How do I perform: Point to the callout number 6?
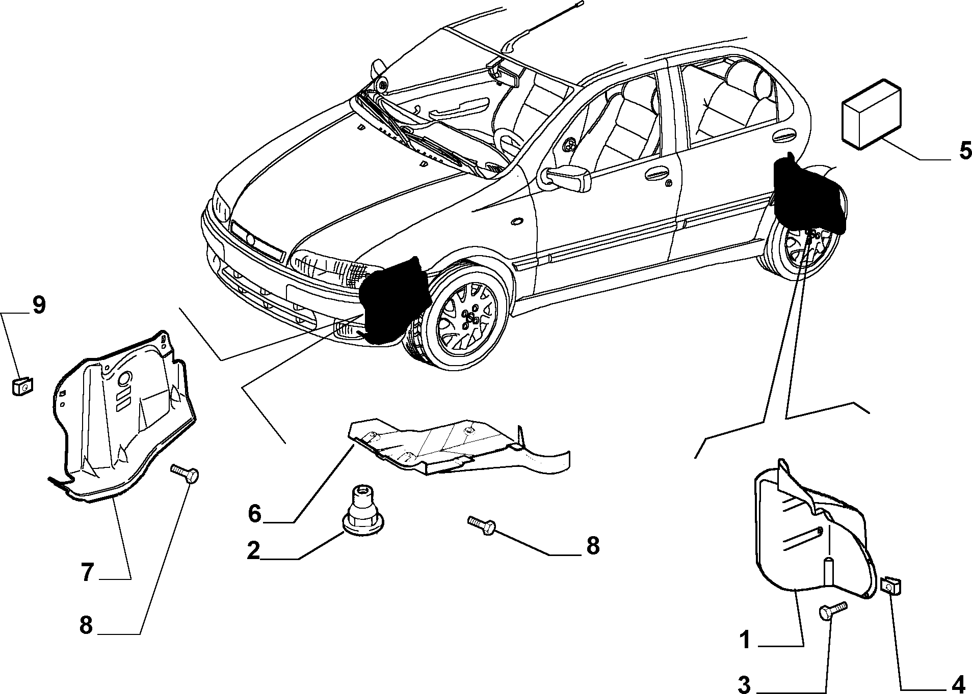tap(255, 513)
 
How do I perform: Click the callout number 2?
tap(254, 551)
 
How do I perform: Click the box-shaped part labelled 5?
tap(872, 114)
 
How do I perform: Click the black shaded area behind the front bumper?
tap(393, 300)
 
